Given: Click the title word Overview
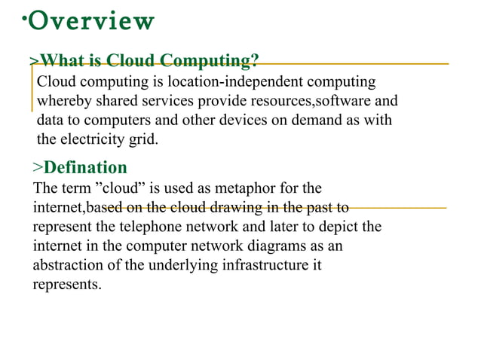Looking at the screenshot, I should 90,21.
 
